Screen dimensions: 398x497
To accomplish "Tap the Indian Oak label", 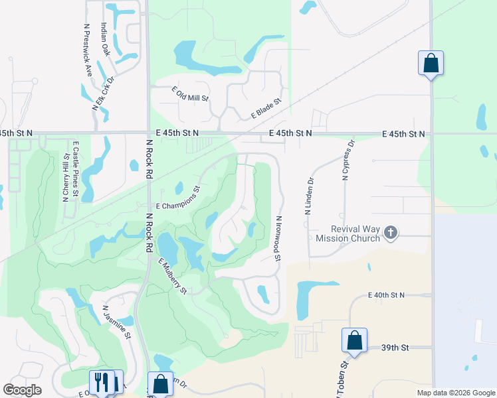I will coord(104,40).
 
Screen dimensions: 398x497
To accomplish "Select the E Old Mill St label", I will coord(190,94).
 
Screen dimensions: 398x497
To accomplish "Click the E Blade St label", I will coord(266,109).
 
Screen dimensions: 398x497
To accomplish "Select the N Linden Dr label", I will coord(308,196).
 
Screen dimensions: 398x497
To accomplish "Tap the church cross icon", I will coord(391,232).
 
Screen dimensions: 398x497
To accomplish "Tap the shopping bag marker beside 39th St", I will coord(355,340).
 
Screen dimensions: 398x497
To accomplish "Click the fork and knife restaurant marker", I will coord(102,381).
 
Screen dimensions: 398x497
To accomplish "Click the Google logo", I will coord(23,390).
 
